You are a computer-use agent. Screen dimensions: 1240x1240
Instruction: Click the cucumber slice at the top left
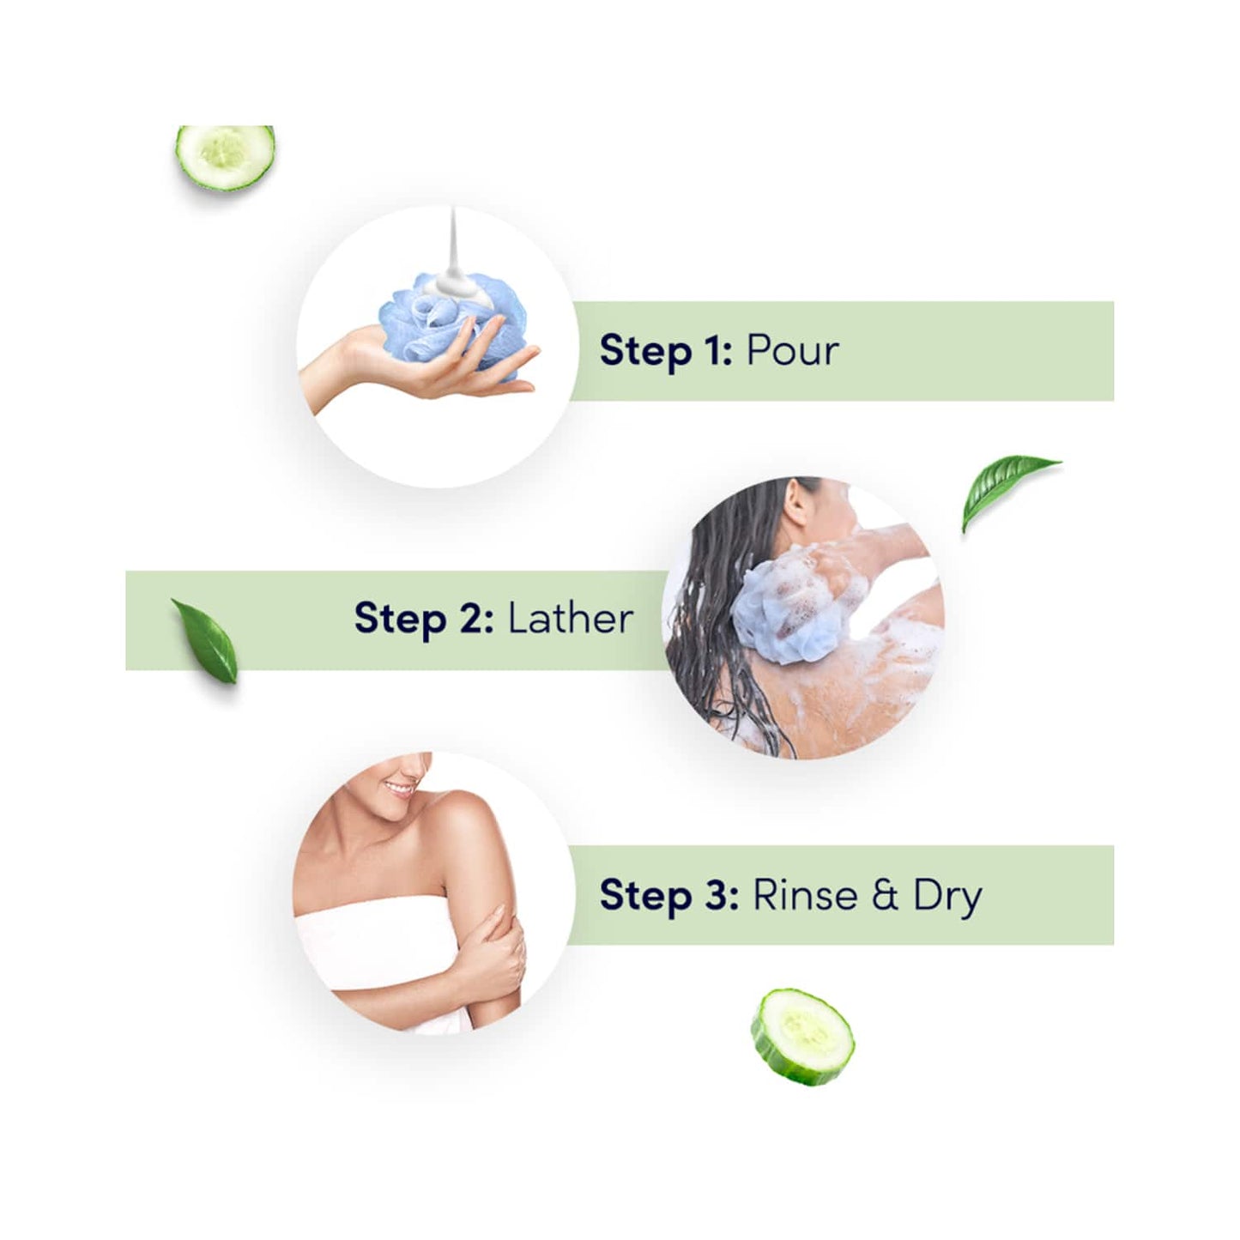click(x=225, y=157)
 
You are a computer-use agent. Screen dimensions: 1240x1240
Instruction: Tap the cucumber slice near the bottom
click(x=802, y=1036)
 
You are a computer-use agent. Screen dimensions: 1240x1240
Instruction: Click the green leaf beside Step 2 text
click(x=206, y=640)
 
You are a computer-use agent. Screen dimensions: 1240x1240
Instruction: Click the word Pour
click(x=792, y=351)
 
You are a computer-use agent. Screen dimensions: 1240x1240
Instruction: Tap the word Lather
click(x=571, y=618)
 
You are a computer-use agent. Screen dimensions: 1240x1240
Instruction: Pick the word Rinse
click(x=805, y=895)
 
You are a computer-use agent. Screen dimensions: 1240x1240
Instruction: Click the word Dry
click(x=947, y=897)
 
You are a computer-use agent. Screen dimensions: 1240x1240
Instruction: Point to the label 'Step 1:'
click(x=665, y=351)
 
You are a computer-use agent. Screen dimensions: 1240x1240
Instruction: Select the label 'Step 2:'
click(x=423, y=618)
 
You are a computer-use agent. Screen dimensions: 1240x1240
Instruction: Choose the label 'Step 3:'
click(x=668, y=895)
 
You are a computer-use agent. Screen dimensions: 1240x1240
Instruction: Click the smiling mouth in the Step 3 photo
click(x=399, y=787)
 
